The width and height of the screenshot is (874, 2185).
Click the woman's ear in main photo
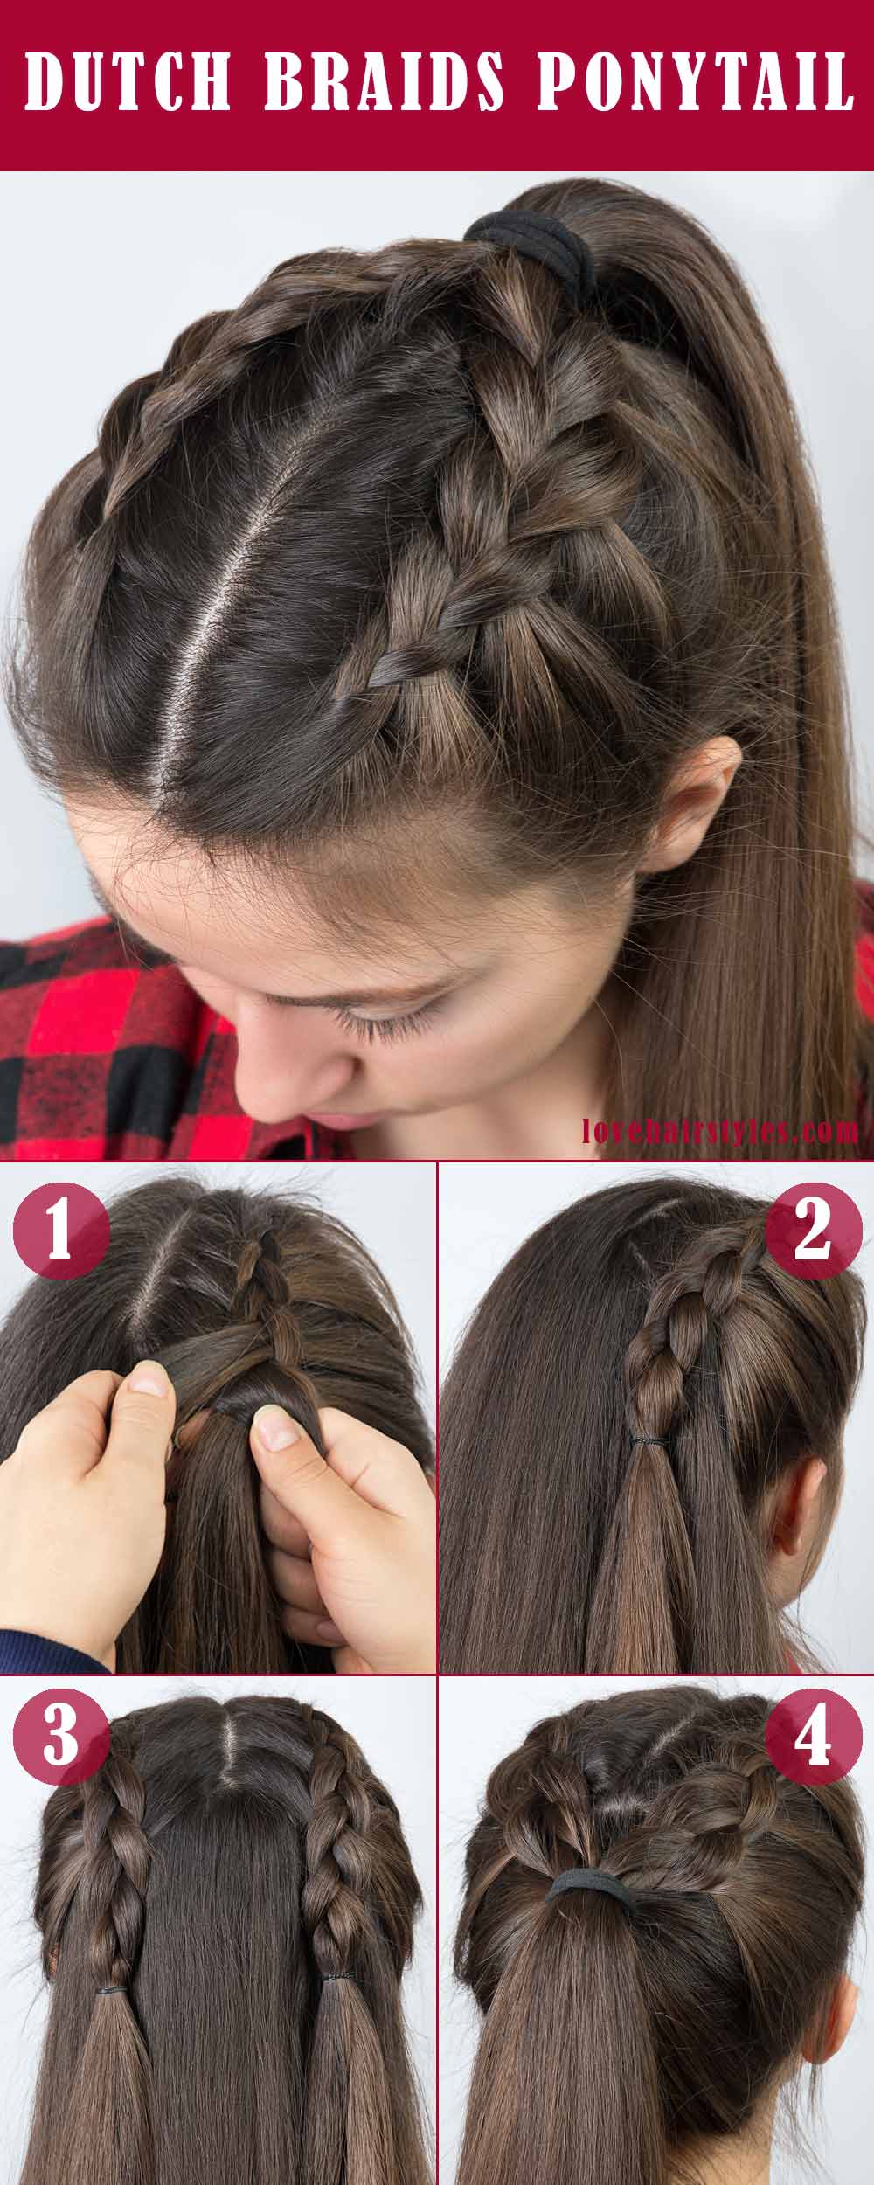click(699, 787)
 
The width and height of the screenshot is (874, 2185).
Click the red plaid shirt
click(105, 1031)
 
